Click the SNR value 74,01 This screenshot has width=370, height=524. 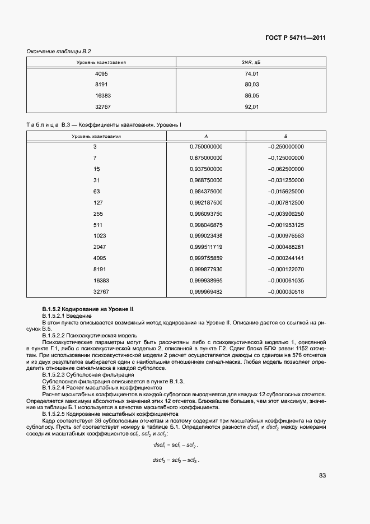pos(252,74)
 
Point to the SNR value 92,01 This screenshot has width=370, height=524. pos(252,106)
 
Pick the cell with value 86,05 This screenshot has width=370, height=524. pos(252,96)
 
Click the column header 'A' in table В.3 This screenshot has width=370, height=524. pos(206,136)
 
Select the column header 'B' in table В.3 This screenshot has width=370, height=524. pos(286,136)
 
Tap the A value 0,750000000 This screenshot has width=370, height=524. pos(206,147)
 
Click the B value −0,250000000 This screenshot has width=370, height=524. pos(286,147)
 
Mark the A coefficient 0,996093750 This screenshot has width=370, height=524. pos(206,214)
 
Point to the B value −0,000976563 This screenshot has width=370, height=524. pos(286,236)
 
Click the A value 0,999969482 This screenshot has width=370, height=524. pos(206,291)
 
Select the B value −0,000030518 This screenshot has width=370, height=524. pos(286,291)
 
